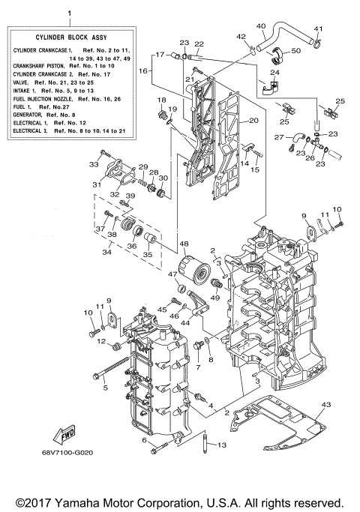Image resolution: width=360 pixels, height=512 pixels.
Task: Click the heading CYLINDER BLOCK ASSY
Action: point(68,37)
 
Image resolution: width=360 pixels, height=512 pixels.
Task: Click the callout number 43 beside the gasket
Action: point(325,405)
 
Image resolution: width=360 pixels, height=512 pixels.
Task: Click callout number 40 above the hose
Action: point(261,26)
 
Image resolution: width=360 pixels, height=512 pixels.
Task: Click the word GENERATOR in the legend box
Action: point(31,114)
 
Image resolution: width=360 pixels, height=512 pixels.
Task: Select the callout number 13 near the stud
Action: point(200,446)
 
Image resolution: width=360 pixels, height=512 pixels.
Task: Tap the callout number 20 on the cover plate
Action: point(253,120)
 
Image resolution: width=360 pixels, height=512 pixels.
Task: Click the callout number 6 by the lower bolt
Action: point(121,441)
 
